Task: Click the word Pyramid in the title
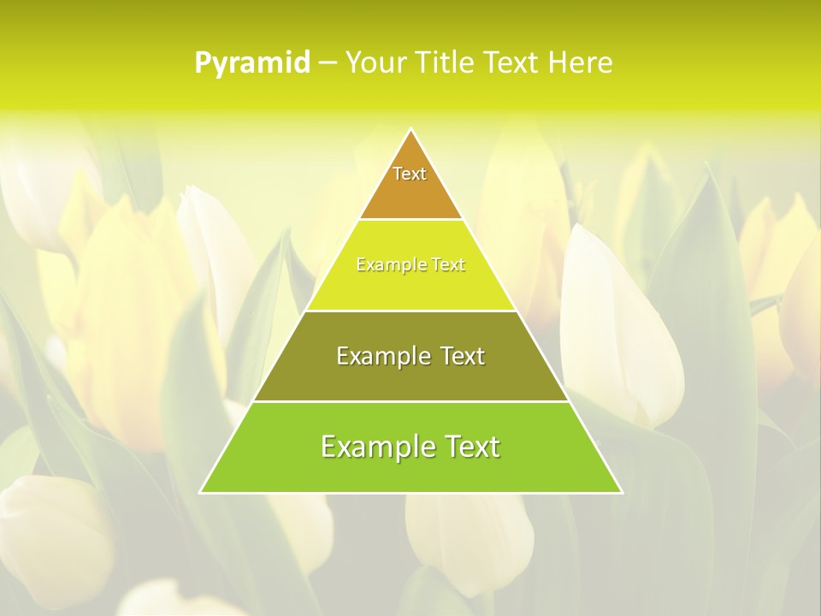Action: point(252,63)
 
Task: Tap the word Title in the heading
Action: point(448,63)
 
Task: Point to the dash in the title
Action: point(328,64)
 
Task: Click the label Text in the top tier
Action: point(410,174)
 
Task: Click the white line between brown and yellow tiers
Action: point(410,219)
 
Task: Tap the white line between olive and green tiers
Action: point(410,401)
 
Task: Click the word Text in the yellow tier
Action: point(448,265)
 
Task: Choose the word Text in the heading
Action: point(513,63)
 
